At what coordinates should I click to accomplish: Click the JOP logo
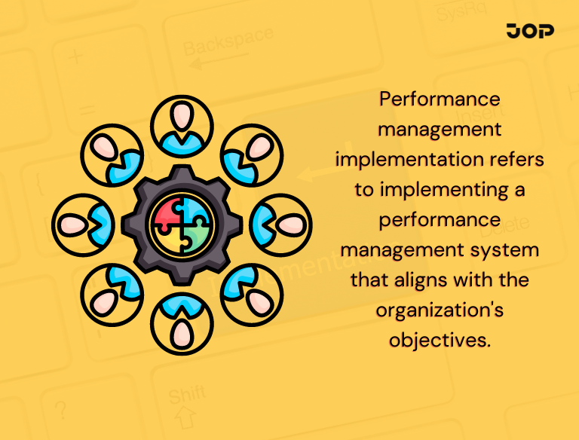click(531, 31)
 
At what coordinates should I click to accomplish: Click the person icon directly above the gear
click(181, 123)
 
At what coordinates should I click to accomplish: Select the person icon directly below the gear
click(181, 325)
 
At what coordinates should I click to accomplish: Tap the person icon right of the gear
click(281, 224)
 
